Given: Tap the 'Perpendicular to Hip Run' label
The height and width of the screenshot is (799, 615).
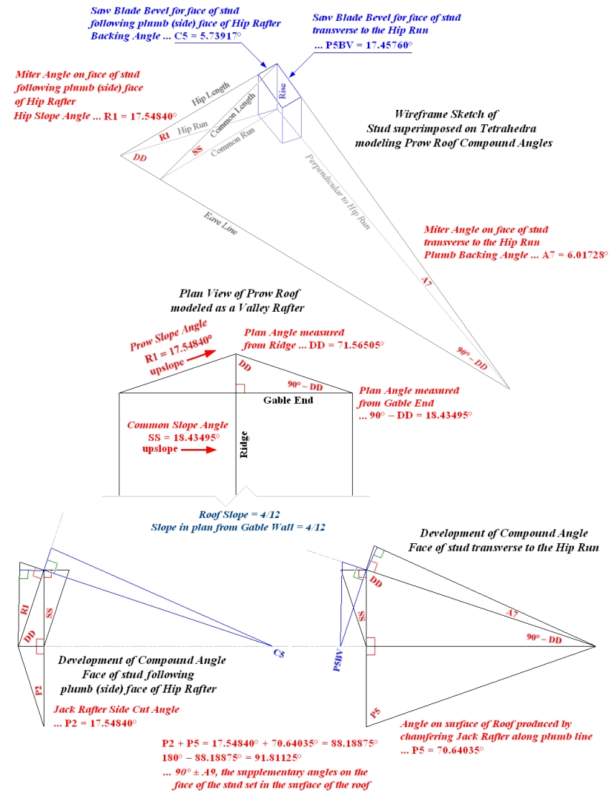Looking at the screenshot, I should (x=337, y=191).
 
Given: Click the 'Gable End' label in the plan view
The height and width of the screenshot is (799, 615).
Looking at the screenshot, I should (x=287, y=400).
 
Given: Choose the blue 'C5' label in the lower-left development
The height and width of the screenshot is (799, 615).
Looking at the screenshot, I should (x=278, y=653).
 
